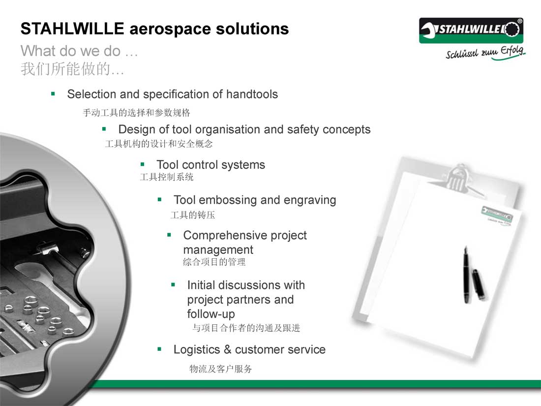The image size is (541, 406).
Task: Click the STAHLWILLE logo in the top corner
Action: pos(471,31)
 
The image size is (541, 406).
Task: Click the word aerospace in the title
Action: pos(170,29)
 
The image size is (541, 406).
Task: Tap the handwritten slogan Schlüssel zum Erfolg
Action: pos(485,53)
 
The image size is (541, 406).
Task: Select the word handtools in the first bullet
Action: pos(252,94)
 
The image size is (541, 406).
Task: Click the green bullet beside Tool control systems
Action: pos(142,164)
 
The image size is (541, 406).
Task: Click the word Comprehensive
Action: pos(225,235)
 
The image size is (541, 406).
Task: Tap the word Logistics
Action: pos(197,350)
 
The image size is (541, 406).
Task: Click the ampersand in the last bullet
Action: pos(227,349)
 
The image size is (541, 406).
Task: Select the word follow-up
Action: pos(211,314)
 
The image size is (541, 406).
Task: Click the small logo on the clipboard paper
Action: pos(497,215)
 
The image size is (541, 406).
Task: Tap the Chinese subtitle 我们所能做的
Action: pos(72,69)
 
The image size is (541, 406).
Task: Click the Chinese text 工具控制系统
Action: pos(167,177)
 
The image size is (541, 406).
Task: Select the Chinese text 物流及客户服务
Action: pos(220,369)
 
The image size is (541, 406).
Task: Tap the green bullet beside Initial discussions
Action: pos(173,285)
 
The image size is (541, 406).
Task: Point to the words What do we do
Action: pos(71,51)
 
